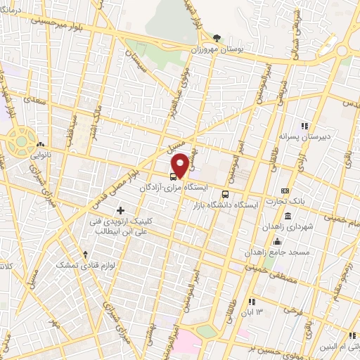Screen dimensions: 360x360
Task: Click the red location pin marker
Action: point(180,165)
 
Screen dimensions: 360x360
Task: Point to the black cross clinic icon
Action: point(121,210)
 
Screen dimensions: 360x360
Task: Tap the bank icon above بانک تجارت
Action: point(285,191)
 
